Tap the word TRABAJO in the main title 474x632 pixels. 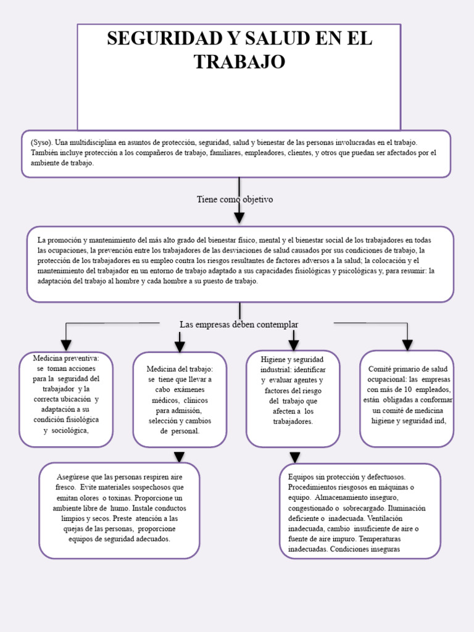[x=239, y=62]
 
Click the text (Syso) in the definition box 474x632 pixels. [x=41, y=142]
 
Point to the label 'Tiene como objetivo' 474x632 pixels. [x=235, y=199]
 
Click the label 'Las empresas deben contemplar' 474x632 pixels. [x=239, y=325]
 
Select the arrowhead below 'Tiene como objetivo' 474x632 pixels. [x=239, y=217]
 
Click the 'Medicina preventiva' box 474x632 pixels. [x=65, y=399]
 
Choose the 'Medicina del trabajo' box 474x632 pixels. [x=180, y=399]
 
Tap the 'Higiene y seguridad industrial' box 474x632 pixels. [x=293, y=399]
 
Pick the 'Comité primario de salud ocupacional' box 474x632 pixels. [x=407, y=399]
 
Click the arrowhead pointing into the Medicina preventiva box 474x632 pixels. [x=65, y=345]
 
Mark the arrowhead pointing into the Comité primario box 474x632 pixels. [x=407, y=344]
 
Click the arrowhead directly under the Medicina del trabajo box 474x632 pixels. [x=180, y=457]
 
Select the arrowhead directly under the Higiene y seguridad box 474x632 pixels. [x=295, y=457]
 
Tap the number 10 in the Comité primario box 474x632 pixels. [x=408, y=389]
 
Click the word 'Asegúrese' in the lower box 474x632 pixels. [x=73, y=478]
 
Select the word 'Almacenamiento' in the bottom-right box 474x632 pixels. [x=347, y=497]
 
